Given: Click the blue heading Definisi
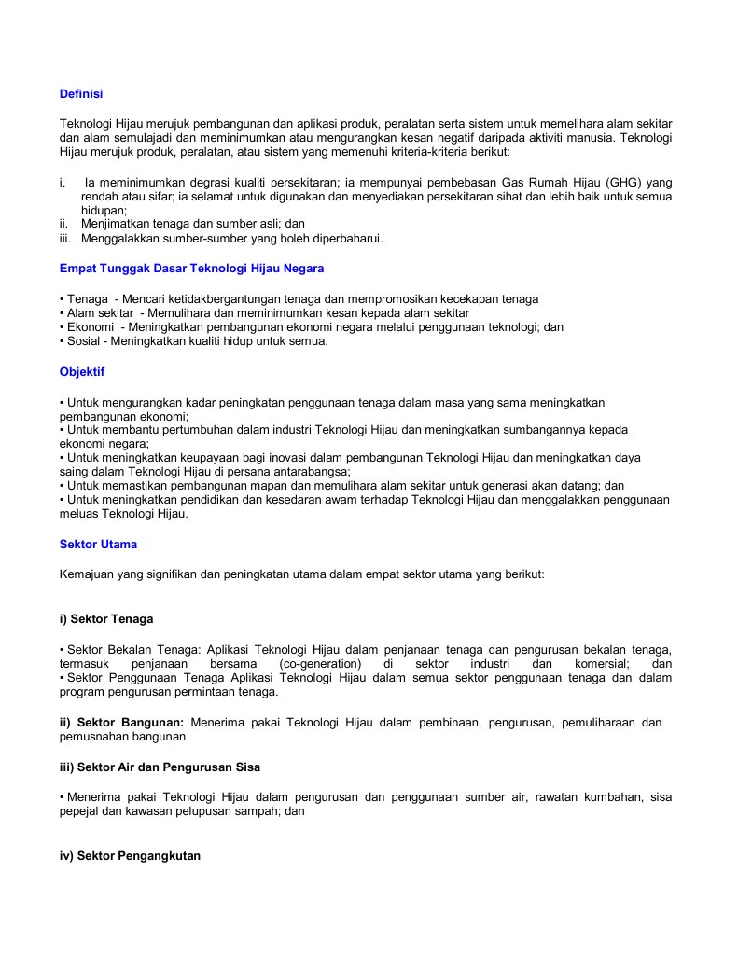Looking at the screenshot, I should pyautogui.click(x=81, y=94).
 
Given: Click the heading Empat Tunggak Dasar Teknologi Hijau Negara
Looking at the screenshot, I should pyautogui.click(x=191, y=268).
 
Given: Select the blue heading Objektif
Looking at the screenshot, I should pyautogui.click(x=82, y=371).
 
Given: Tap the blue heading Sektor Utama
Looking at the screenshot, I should pyautogui.click(x=98, y=544).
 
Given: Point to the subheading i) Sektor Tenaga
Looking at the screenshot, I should pyautogui.click(x=106, y=618).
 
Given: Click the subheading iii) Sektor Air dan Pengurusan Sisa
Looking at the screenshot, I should pyautogui.click(x=160, y=767).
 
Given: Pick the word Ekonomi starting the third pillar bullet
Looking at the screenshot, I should pyautogui.click(x=91, y=327).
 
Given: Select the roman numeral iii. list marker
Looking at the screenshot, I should pyautogui.click(x=65, y=239).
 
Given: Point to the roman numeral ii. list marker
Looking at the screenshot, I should pyautogui.click(x=64, y=224).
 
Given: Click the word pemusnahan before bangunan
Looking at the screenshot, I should pyautogui.click(x=99, y=737).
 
